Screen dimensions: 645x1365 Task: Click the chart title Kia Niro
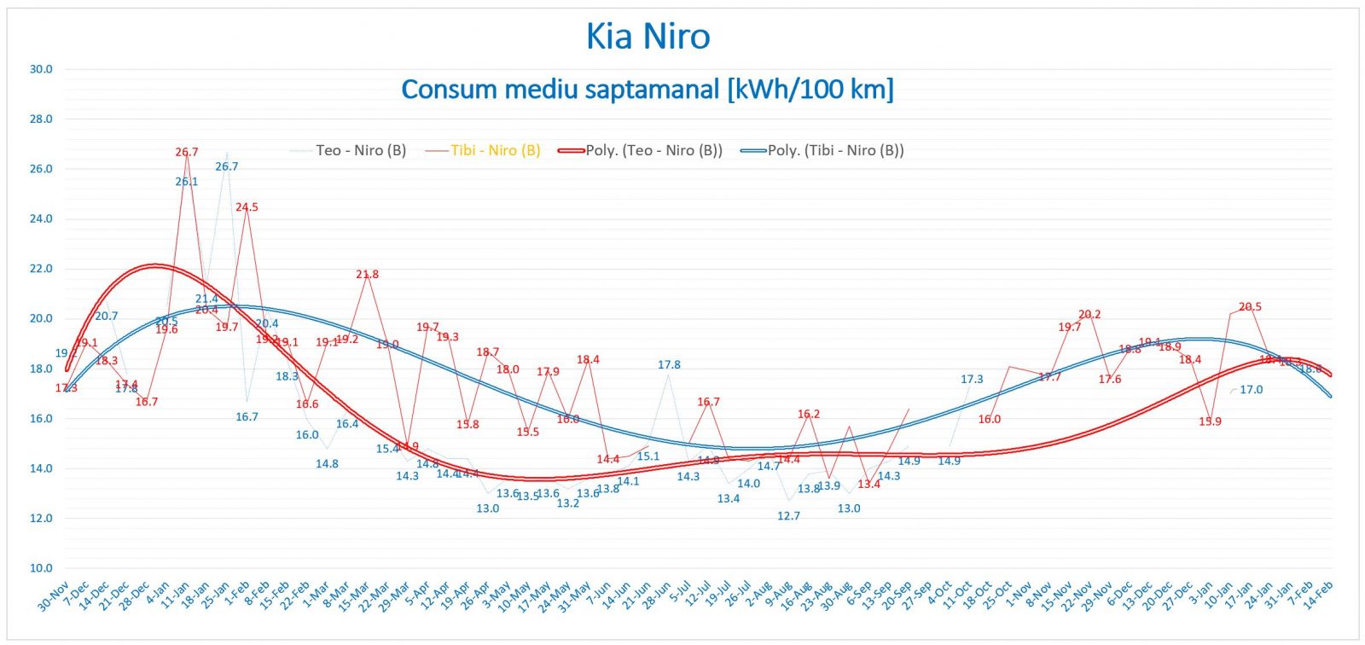point(648,37)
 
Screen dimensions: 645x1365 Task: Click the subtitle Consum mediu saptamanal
point(647,89)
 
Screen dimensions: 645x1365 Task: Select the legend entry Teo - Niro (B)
point(360,150)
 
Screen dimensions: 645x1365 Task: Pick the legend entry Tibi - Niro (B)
point(495,150)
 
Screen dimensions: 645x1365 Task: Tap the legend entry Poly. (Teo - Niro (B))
point(653,150)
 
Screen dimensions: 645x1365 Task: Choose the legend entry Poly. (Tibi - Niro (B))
point(835,150)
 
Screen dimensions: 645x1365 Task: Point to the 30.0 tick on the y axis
point(41,69)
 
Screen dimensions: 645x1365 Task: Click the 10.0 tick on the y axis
point(41,568)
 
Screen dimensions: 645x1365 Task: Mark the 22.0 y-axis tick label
point(41,269)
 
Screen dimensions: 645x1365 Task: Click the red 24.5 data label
point(247,207)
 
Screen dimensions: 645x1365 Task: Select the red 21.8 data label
point(368,275)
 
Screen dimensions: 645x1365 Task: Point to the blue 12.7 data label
point(789,516)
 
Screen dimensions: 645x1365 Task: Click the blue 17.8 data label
point(669,365)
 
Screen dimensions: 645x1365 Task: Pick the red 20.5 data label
point(1250,307)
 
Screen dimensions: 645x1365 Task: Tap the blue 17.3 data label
point(972,380)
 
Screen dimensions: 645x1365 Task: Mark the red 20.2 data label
point(1089,315)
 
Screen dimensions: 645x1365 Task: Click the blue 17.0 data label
point(1252,390)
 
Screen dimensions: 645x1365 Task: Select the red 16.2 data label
point(809,415)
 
